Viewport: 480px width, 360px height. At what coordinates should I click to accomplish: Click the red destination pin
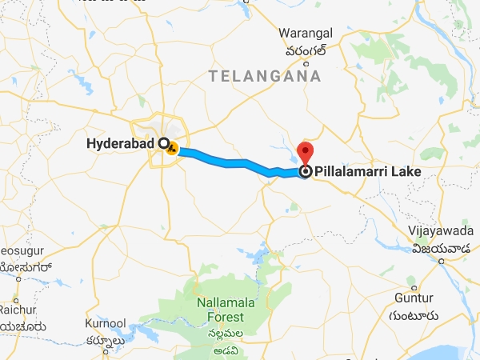pyautogui.click(x=305, y=151)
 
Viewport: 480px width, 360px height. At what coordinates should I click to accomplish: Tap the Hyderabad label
pyautogui.click(x=121, y=145)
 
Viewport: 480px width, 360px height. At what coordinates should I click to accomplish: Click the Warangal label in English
pyautogui.click(x=304, y=34)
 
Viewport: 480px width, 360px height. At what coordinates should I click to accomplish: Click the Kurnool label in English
pyautogui.click(x=105, y=323)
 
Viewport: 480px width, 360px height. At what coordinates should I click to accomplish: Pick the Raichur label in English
pyautogui.click(x=14, y=310)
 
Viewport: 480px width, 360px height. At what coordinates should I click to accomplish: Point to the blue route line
pyautogui.click(x=232, y=162)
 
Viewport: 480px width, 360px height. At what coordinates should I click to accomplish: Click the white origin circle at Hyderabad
pyautogui.click(x=163, y=144)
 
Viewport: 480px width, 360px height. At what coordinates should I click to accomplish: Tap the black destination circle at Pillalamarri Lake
pyautogui.click(x=305, y=171)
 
